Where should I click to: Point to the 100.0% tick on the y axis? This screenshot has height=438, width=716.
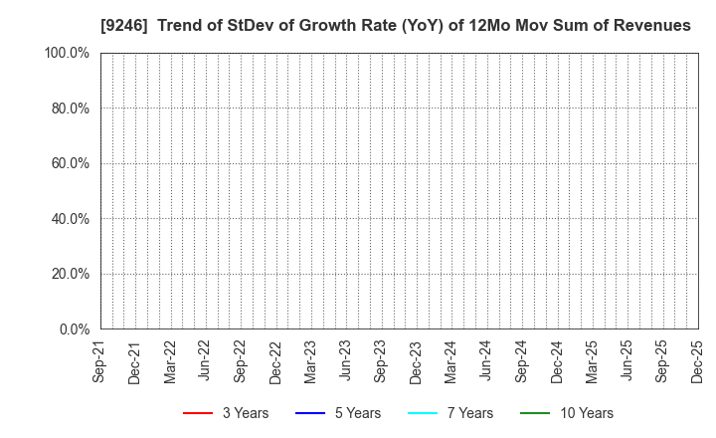pyautogui.click(x=67, y=53)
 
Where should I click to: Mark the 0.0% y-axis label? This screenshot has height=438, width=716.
pyautogui.click(x=73, y=328)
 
